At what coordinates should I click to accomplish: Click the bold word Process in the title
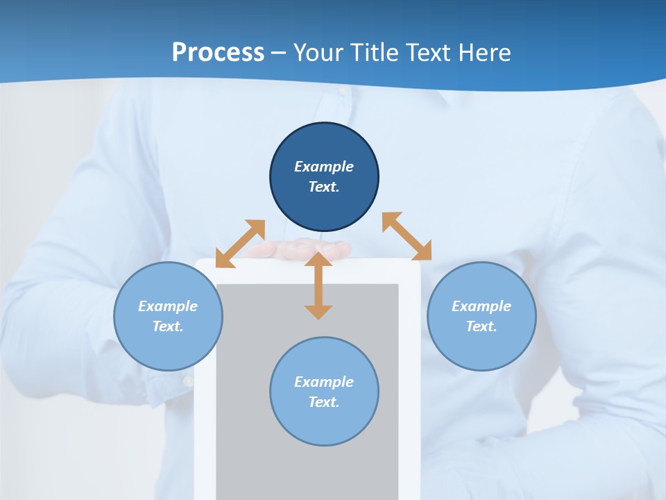click(x=218, y=53)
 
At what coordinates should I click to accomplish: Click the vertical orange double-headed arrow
click(x=318, y=286)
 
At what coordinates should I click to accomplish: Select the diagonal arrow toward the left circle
click(x=240, y=244)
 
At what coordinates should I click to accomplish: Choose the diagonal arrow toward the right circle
click(x=407, y=236)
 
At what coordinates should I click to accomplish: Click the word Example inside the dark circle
click(x=324, y=167)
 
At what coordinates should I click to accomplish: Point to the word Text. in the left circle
click(x=168, y=326)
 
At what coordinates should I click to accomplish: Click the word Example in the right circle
click(x=481, y=306)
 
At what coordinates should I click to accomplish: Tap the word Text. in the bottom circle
click(x=324, y=402)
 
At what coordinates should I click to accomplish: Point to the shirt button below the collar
click(x=342, y=91)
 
